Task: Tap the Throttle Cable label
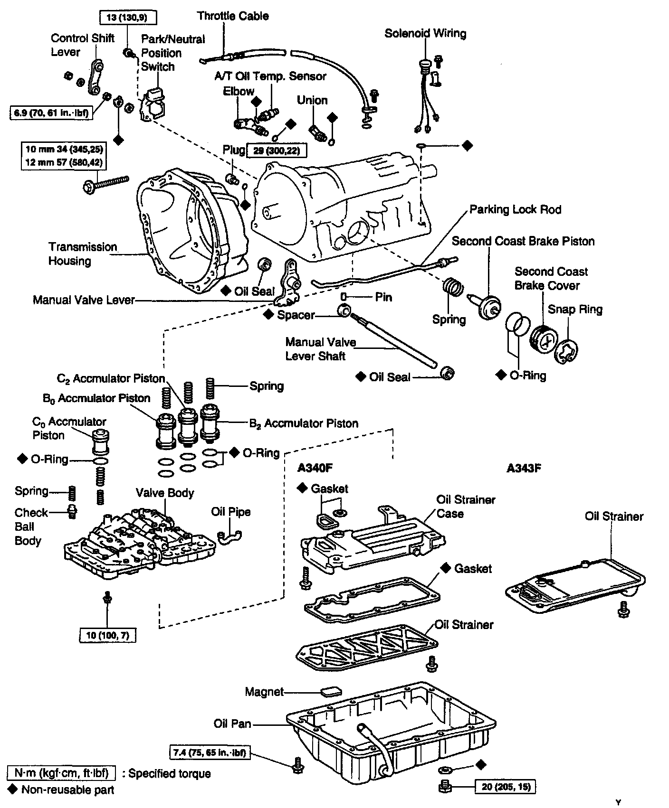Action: point(233,16)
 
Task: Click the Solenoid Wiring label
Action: point(425,33)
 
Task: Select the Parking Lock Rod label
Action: point(515,209)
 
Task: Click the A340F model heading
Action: point(315,468)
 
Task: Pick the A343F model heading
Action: point(524,468)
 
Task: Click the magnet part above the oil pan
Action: point(331,691)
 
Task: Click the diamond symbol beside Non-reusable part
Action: point(13,789)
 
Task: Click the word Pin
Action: point(383,297)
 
